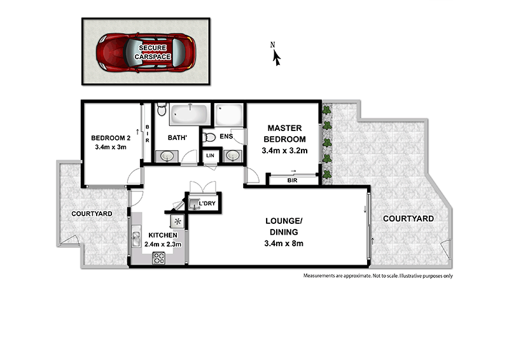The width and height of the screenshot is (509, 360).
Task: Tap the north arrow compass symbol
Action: (276, 56)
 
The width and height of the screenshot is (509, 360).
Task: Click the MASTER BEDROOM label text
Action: (284, 134)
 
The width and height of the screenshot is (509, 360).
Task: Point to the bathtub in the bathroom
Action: (190, 116)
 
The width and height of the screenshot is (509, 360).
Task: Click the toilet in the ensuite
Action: (208, 136)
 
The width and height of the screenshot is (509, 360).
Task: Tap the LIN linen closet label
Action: (209, 156)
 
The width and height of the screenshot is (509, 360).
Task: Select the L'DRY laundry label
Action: (208, 204)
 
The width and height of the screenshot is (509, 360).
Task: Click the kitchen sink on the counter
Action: (136, 240)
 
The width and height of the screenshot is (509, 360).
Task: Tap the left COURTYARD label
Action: (92, 214)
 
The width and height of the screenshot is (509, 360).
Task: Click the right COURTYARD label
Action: (408, 218)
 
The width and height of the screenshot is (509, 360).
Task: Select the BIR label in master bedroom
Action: (293, 181)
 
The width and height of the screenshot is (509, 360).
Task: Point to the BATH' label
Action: (177, 137)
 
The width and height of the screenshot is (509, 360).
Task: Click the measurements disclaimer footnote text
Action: (378, 276)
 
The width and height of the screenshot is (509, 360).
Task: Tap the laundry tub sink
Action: (194, 202)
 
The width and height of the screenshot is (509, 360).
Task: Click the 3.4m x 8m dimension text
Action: (284, 243)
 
